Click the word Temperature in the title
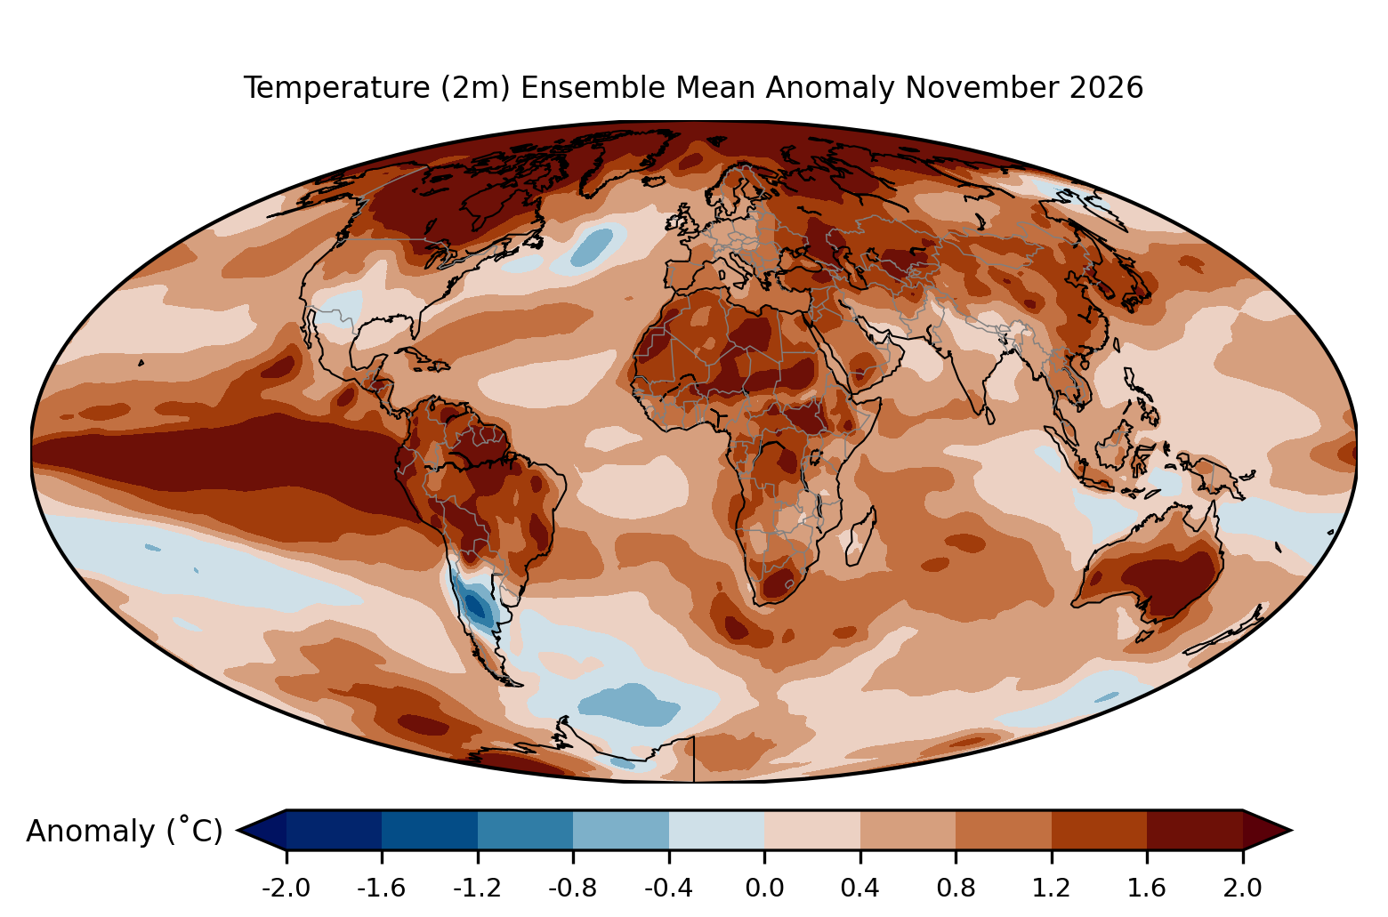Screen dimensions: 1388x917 (x=337, y=88)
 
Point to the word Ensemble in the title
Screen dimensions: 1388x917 (x=638, y=88)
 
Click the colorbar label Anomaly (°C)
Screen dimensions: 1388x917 (x=124, y=831)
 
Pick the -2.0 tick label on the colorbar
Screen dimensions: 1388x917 (x=286, y=889)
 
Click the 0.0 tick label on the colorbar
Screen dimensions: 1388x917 (x=764, y=889)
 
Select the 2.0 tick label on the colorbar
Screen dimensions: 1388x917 (x=1243, y=889)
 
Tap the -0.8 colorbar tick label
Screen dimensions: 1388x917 (x=573, y=889)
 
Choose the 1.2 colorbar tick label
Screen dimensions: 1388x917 (x=1052, y=889)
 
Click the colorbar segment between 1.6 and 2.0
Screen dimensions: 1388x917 (x=1195, y=830)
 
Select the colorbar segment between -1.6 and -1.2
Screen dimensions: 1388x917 (x=430, y=830)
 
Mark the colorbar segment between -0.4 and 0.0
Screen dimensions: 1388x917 (x=716, y=830)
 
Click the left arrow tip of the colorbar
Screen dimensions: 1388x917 (x=238, y=830)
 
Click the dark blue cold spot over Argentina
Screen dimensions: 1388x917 (x=477, y=607)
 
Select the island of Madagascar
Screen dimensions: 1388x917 (x=860, y=536)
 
